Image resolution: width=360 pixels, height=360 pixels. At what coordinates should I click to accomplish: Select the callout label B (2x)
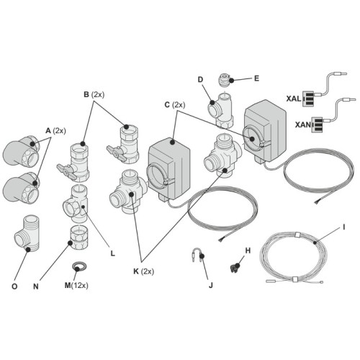(94, 94)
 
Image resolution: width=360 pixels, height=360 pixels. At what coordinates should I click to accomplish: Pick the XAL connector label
(294, 98)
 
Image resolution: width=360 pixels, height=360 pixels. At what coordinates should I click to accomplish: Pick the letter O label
(14, 286)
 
